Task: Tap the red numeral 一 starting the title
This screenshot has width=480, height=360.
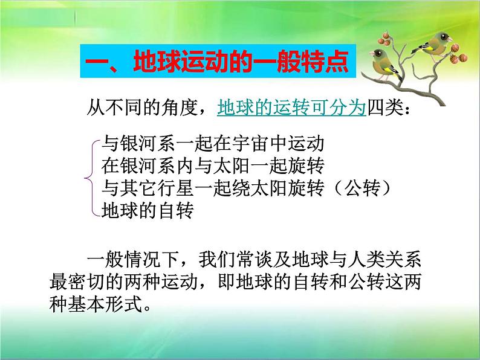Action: pos(97,63)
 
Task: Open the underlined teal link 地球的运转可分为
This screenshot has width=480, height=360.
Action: pos(291,108)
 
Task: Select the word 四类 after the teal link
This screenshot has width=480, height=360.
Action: pos(385,108)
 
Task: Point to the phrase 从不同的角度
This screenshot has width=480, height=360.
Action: pos(142,108)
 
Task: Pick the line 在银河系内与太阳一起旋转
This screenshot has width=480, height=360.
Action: pos(212,166)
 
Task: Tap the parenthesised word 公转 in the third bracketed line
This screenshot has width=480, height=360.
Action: pos(363,188)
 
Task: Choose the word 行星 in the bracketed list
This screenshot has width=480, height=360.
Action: pos(175,188)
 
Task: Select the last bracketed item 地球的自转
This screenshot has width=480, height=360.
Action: pos(148,210)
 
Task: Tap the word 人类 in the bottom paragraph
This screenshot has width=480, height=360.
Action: pos(366,260)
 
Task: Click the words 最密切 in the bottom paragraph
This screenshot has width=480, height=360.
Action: pos(77,282)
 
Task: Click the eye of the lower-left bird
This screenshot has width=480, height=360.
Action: pos(378,54)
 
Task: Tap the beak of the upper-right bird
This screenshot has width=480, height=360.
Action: pos(450,39)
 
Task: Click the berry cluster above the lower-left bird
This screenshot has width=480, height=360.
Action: pos(384,39)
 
